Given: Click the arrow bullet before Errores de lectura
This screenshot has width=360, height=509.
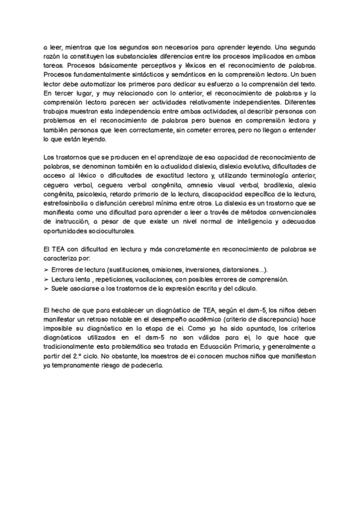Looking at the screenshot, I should coord(47,270).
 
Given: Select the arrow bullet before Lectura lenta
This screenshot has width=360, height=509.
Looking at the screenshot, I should coord(47,280).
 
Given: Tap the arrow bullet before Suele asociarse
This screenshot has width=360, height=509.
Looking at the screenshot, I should coord(47,289).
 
